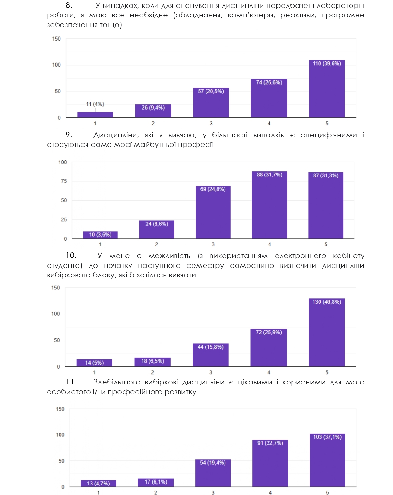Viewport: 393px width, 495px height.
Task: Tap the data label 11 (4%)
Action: point(95,104)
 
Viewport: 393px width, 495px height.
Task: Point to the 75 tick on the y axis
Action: point(64,181)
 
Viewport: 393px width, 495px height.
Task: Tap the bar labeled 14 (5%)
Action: point(94,363)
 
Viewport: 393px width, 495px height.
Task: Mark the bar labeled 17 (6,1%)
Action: point(155,483)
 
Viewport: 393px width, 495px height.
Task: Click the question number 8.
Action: point(69,5)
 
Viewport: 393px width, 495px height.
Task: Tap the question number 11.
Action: point(71,382)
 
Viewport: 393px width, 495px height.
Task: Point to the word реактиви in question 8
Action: point(298,15)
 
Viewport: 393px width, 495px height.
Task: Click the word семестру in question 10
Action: point(205,265)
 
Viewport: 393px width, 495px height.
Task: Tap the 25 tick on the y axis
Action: point(64,219)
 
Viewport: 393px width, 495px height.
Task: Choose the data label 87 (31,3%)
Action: point(326,175)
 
